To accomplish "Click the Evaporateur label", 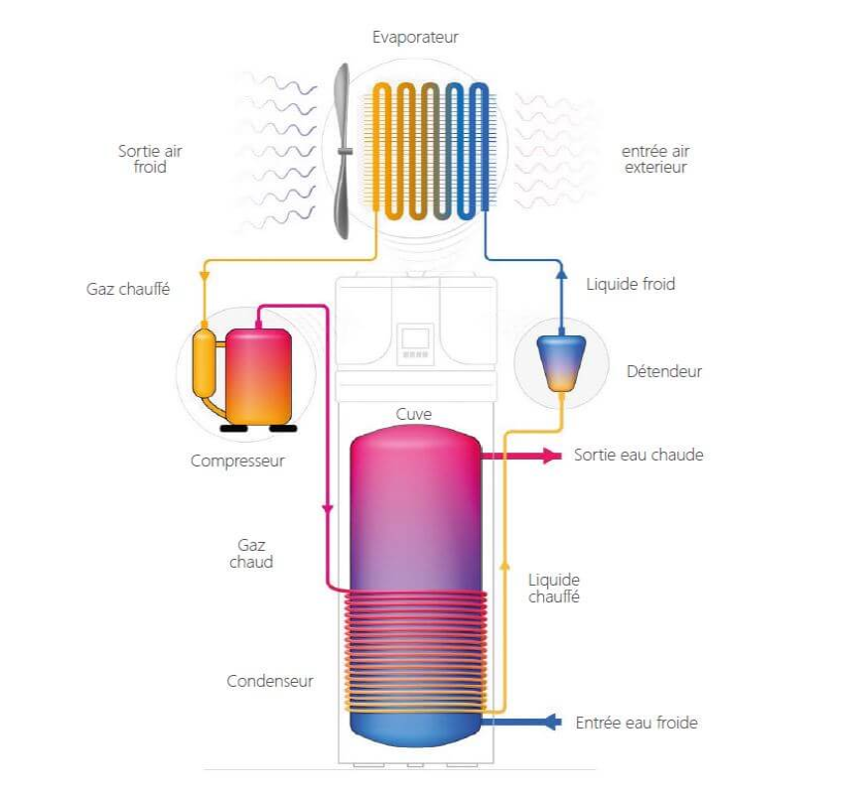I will click(x=415, y=38).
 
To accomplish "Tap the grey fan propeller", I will click(x=344, y=151).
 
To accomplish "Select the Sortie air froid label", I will click(x=150, y=159).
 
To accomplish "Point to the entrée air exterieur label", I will click(x=655, y=159).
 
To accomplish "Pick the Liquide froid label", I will click(x=631, y=284).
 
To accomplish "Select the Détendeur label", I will click(x=664, y=371).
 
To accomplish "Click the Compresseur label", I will click(x=237, y=461).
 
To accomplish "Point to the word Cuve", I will click(x=414, y=414).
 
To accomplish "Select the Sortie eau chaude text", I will click(x=639, y=455).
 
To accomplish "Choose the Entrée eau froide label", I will click(x=637, y=723).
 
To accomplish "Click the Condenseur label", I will click(x=270, y=681).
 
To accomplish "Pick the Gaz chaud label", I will click(x=251, y=553).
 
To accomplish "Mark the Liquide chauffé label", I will click(x=554, y=588).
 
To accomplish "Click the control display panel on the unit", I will click(x=415, y=341).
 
